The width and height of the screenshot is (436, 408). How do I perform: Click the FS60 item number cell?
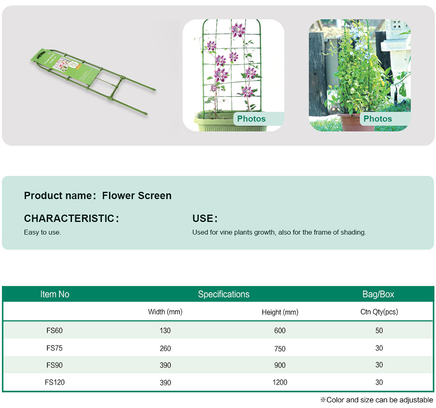pyautogui.click(x=55, y=330)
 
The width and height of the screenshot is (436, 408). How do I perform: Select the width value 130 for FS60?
pyautogui.click(x=165, y=330)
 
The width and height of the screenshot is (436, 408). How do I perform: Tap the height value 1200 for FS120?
pyautogui.click(x=280, y=382)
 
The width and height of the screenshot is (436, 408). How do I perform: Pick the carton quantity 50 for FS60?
pyautogui.click(x=379, y=330)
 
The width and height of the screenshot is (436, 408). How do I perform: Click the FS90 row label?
pyautogui.click(x=55, y=365)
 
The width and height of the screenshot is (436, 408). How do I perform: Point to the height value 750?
pyautogui.click(x=280, y=348)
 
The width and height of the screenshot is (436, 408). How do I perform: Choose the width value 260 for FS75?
pyautogui.click(x=165, y=348)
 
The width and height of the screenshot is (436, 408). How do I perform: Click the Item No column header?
pyautogui.click(x=55, y=294)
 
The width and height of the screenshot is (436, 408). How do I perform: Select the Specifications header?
pyautogui.click(x=224, y=294)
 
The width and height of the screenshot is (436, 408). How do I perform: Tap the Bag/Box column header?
pyautogui.click(x=378, y=294)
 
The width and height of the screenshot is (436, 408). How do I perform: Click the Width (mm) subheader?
pyautogui.click(x=165, y=312)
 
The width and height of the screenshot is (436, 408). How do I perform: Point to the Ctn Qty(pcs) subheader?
pyautogui.click(x=379, y=312)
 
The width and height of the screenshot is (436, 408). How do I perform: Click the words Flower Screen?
pyautogui.click(x=137, y=196)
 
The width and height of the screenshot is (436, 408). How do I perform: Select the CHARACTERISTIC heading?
pyautogui.click(x=71, y=218)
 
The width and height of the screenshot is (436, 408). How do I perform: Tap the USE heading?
pyautogui.click(x=205, y=218)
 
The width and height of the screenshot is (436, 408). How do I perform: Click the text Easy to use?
pyautogui.click(x=42, y=232)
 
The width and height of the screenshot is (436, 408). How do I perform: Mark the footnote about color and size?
pyautogui.click(x=376, y=400)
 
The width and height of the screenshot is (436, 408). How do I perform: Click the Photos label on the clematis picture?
pyautogui.click(x=252, y=119)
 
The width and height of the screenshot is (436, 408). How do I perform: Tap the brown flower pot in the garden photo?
pyautogui.click(x=351, y=122)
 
